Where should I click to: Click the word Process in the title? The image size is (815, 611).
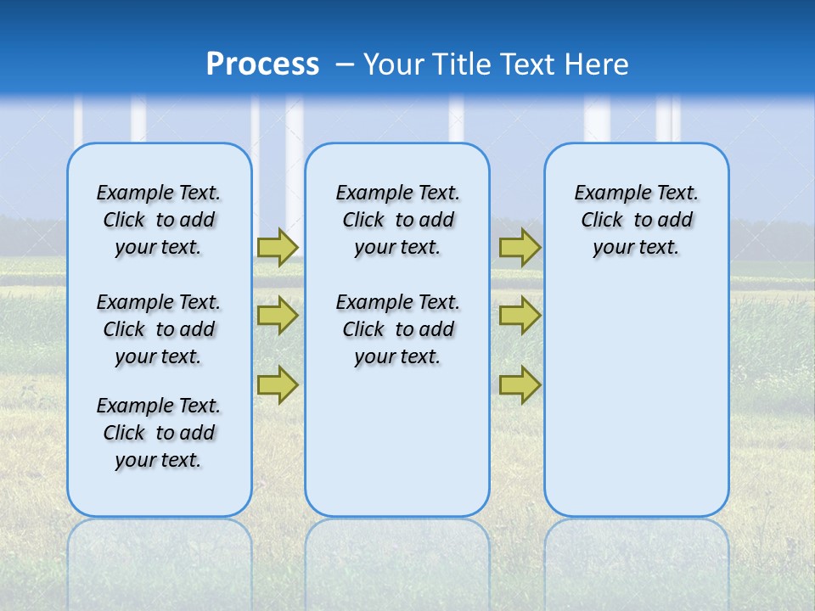coord(262,64)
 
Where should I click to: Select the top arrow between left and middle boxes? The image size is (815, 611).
coord(278,247)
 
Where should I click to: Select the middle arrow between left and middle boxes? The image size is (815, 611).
coord(278,316)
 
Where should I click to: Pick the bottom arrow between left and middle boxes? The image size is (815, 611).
coord(278,384)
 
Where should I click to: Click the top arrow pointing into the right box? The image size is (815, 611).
coord(520,247)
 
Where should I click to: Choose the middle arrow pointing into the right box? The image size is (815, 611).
coord(520,316)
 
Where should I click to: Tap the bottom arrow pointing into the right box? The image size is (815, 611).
coord(520,384)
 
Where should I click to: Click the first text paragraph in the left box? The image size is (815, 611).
coord(159,220)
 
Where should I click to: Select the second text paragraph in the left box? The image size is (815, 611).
coord(159,329)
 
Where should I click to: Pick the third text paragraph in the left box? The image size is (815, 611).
coord(159,433)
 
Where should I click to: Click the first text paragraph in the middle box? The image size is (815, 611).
coord(397,220)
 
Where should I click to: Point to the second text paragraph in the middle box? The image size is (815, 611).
coord(397,329)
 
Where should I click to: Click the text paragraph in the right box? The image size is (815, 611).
coord(637,220)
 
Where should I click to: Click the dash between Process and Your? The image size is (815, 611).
coord(345,64)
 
